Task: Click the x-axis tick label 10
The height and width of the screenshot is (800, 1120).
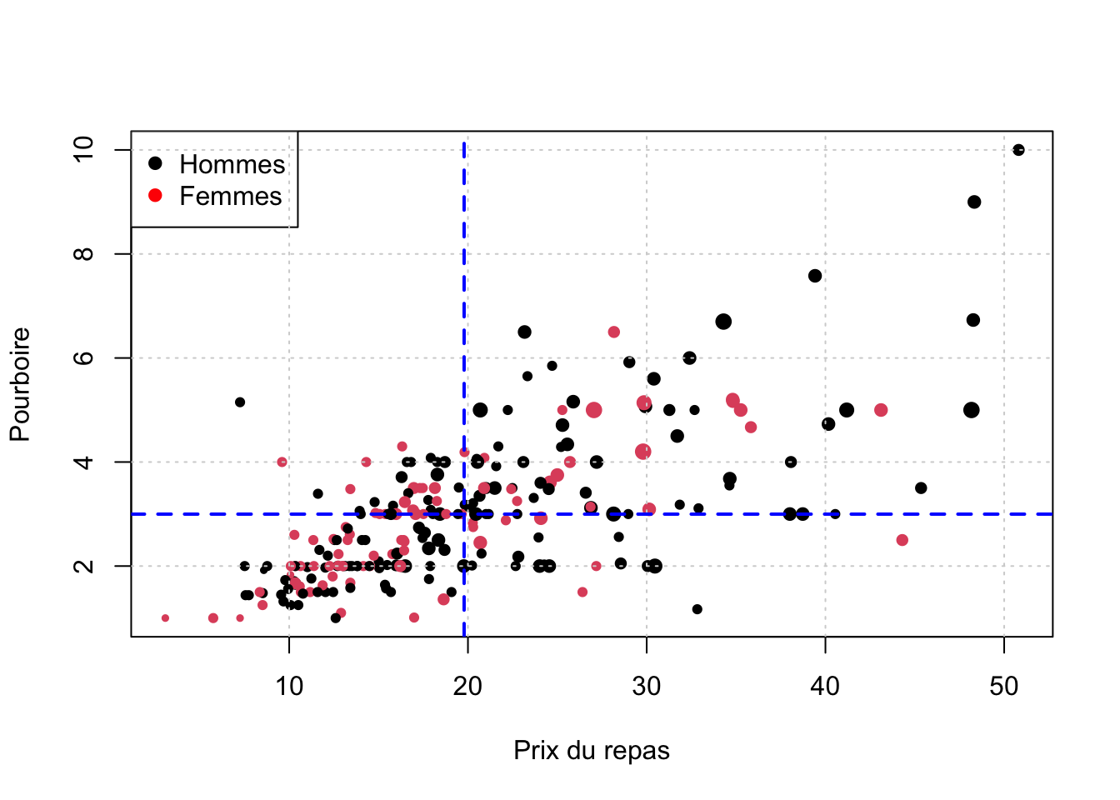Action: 289,687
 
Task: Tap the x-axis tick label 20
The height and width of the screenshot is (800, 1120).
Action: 467,687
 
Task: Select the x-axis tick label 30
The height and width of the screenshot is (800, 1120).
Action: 647,687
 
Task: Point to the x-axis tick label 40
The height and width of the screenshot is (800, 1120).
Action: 825,687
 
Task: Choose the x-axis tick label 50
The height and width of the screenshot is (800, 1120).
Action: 1004,687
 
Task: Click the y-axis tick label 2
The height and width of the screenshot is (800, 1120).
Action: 84,566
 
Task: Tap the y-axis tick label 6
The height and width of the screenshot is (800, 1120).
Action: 84,357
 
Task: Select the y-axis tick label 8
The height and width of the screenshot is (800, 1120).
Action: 84,253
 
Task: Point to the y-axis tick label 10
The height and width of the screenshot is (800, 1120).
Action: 84,150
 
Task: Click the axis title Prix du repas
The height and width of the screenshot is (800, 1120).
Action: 592,750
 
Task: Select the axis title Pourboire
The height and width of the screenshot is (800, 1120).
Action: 21,384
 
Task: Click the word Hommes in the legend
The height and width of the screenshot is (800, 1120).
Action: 232,164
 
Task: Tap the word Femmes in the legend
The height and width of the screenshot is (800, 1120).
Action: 230,196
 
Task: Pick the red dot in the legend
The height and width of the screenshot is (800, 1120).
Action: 155,195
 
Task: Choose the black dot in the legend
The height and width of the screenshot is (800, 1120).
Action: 155,163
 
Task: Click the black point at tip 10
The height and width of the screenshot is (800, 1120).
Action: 1018,150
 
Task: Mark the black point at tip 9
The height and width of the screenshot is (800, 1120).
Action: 974,202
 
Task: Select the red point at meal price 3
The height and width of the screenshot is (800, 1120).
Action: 165,618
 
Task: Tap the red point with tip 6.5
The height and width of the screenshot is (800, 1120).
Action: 614,332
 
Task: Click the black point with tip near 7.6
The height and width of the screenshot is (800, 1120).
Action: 815,276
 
